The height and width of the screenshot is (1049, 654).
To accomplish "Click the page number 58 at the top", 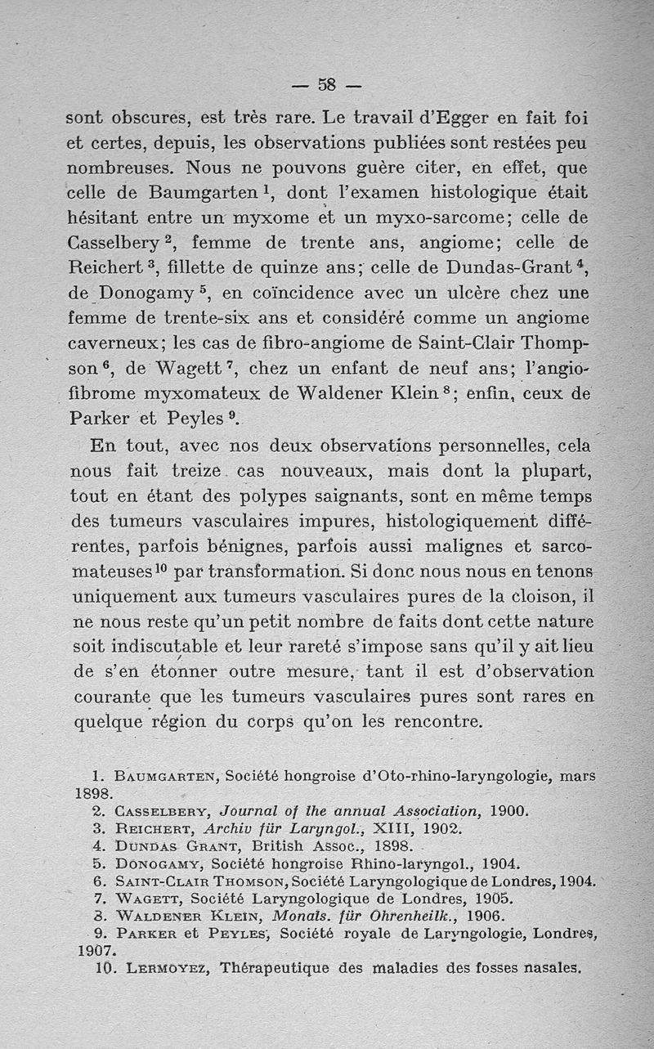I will click(x=327, y=84).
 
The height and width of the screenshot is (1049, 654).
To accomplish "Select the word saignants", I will click(x=357, y=496).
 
